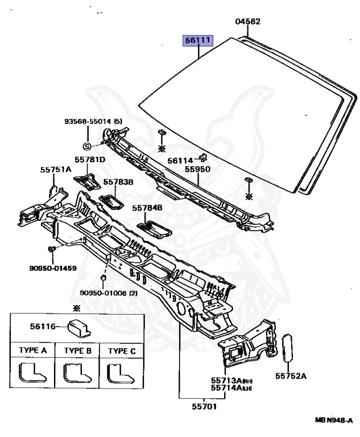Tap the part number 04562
248,22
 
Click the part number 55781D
90,160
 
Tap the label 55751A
56,169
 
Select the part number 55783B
118,182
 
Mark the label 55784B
147,208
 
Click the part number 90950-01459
53,267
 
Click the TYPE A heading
32,351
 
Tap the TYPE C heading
122,351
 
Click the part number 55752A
291,376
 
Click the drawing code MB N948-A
334,419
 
